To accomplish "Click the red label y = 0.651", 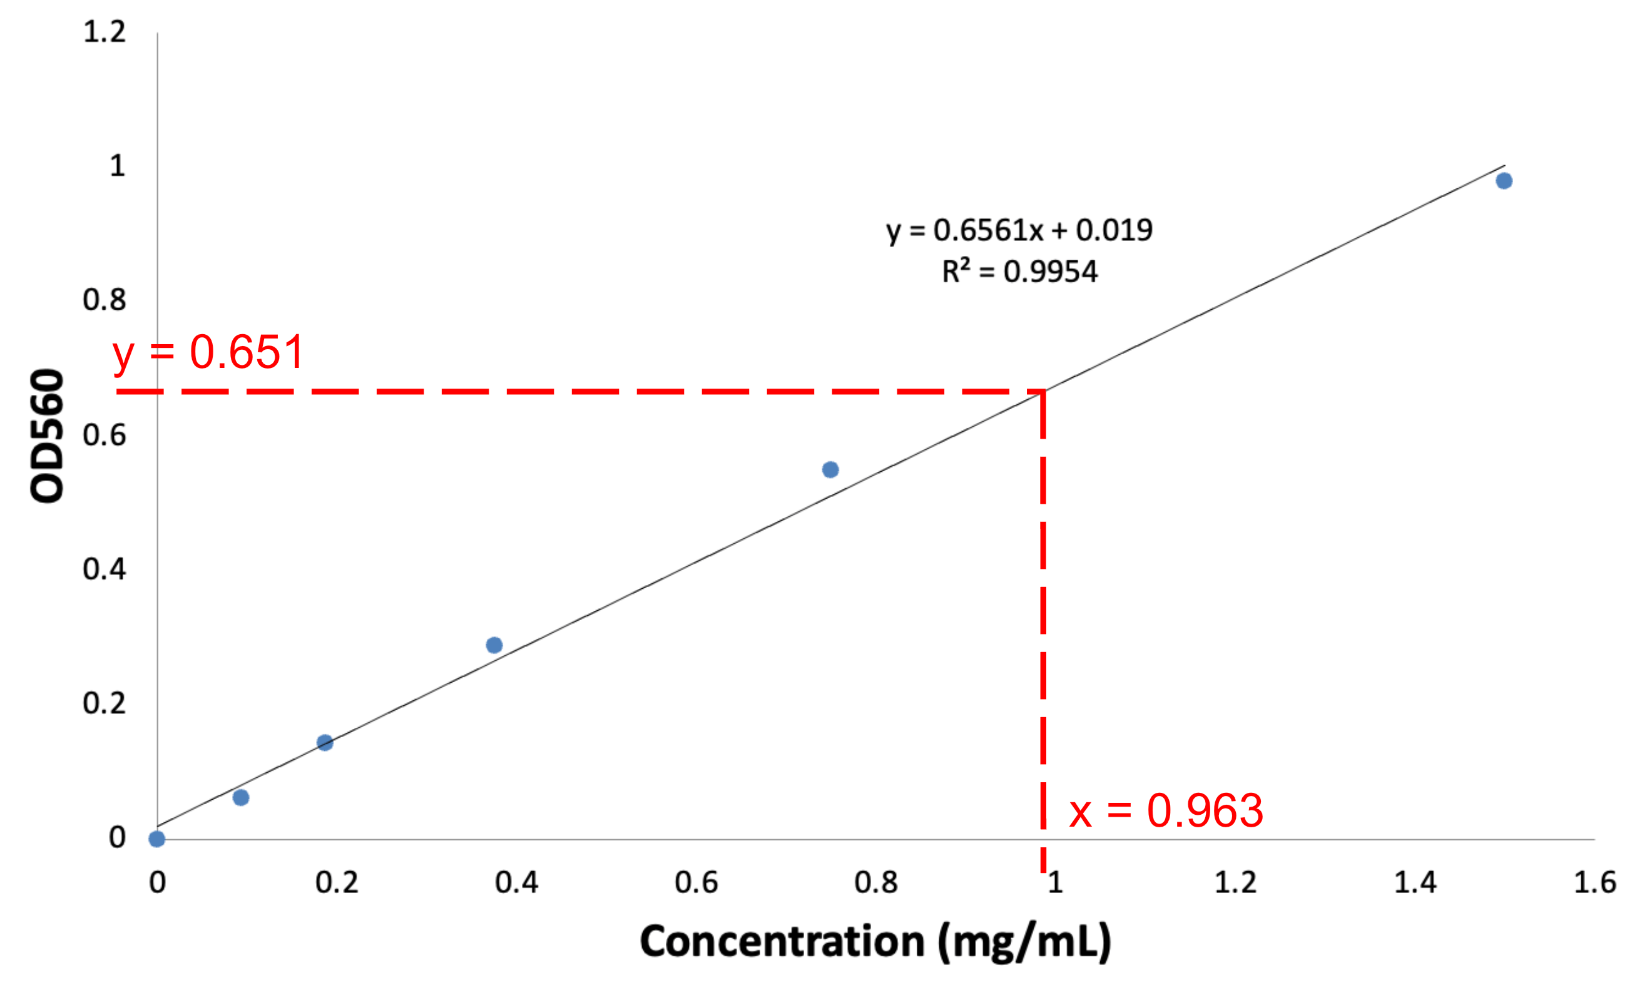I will click(x=208, y=352).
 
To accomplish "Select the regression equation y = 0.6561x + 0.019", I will click(x=1019, y=231).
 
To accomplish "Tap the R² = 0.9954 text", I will click(x=1019, y=272).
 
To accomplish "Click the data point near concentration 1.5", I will click(x=1504, y=181).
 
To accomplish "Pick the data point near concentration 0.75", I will click(x=830, y=470).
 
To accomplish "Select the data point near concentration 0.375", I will click(x=494, y=645).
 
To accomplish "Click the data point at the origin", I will click(x=157, y=839).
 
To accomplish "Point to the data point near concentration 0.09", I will click(x=242, y=797).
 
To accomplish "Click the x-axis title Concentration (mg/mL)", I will click(x=875, y=942).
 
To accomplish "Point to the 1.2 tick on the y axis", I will click(x=105, y=32).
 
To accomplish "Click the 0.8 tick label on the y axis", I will click(x=105, y=300).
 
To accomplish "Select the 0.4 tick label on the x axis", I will click(x=516, y=883).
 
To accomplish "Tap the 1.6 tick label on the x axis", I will click(x=1595, y=883).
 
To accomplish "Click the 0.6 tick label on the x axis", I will click(x=696, y=883).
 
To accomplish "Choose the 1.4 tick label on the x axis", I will click(x=1415, y=883).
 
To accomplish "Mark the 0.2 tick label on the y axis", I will click(x=105, y=704).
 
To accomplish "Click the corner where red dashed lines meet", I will click(x=1043, y=392).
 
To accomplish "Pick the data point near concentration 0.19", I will click(x=325, y=743).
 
